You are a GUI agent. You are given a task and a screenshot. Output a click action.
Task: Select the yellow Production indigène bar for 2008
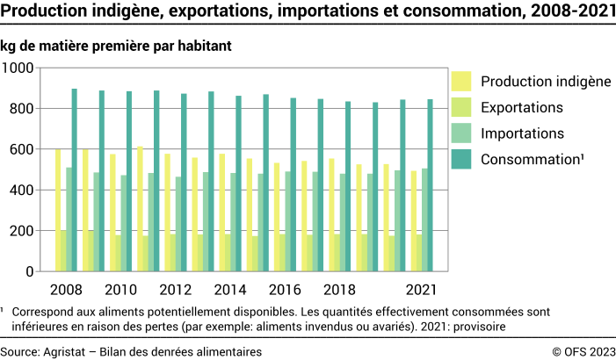(58, 210)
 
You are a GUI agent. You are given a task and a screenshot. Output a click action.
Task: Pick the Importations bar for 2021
(424, 220)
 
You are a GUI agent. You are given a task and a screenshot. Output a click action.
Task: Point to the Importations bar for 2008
(69, 220)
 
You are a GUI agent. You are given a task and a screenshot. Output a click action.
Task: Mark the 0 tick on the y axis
(30, 271)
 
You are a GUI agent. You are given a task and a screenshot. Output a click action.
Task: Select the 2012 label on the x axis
(177, 289)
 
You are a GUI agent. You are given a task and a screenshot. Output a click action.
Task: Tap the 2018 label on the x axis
(340, 289)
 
